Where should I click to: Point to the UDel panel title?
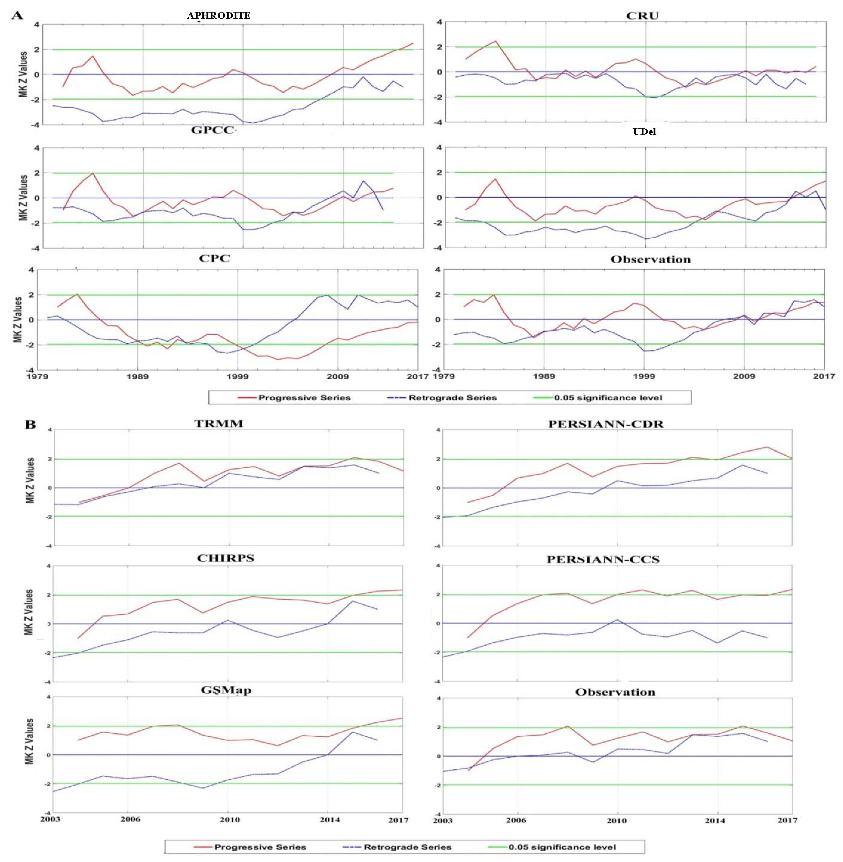[x=644, y=132]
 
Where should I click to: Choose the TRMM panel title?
[x=219, y=423]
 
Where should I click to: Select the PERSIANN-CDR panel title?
[x=606, y=424]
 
